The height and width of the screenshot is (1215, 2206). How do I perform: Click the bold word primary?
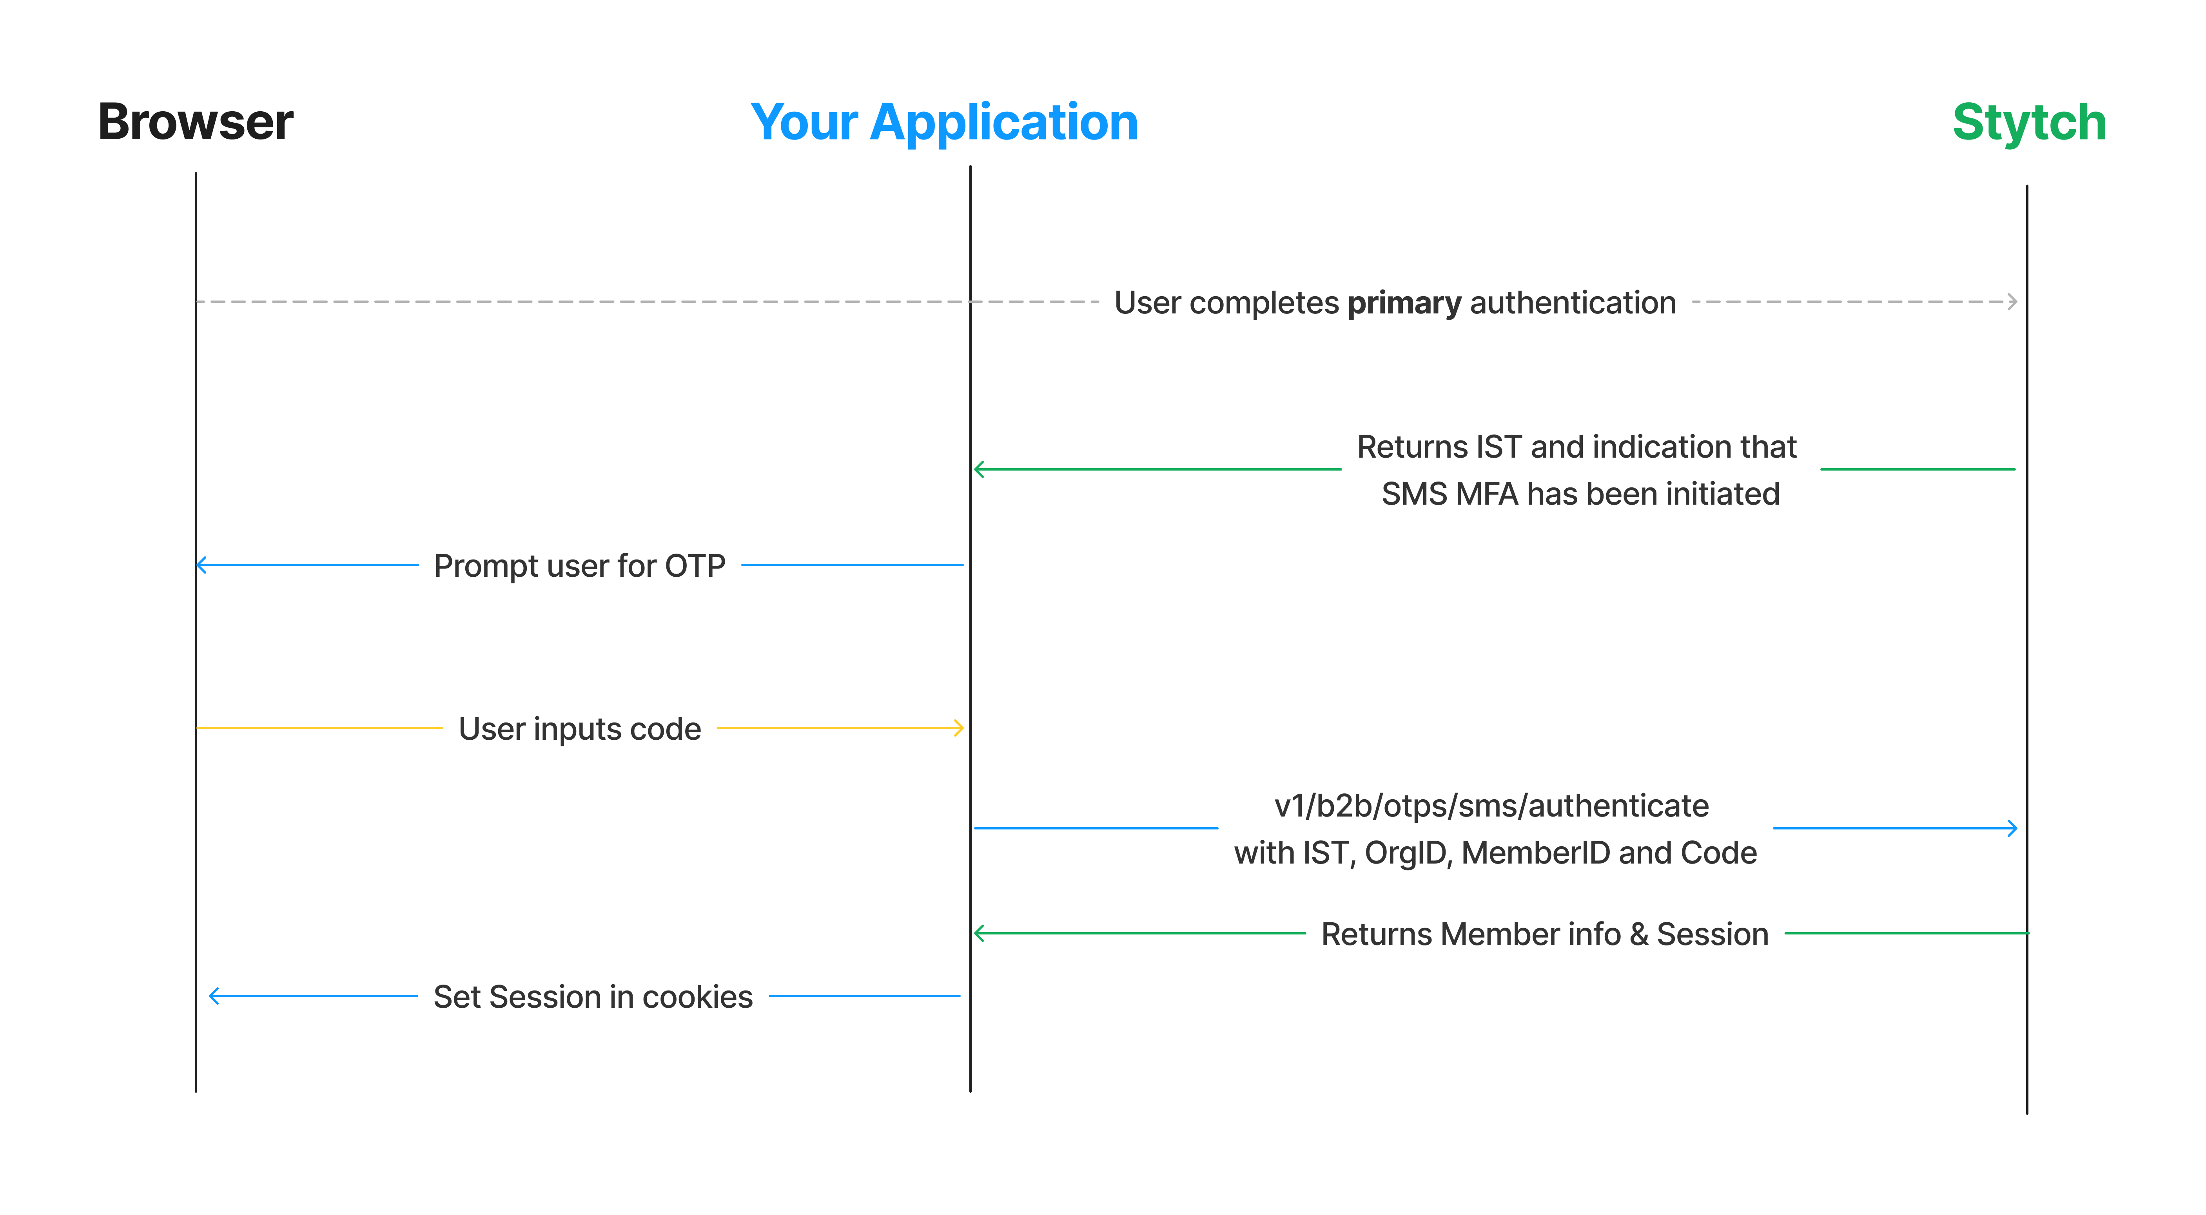coord(1404,303)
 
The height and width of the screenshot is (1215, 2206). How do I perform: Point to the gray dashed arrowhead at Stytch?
coord(2012,301)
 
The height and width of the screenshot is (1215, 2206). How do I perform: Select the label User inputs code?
coord(580,729)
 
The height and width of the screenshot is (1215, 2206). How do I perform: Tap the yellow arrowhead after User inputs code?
coord(958,728)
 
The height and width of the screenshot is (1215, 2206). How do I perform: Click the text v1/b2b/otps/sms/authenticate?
coord(1491,806)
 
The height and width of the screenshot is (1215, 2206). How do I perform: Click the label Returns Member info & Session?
coord(1545,934)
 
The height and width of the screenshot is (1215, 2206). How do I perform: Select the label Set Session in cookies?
coord(593,997)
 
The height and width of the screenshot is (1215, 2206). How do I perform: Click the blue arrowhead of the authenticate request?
coord(2012,828)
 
